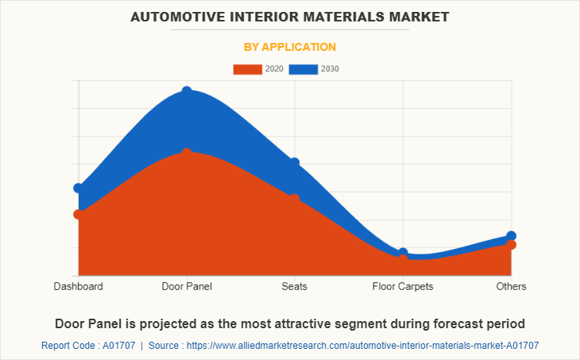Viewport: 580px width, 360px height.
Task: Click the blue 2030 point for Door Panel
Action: coord(187,92)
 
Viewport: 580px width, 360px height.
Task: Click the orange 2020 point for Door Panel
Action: coord(187,153)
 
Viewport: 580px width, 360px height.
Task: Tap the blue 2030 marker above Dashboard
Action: coord(78,188)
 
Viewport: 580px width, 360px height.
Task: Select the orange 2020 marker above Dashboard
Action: coord(78,214)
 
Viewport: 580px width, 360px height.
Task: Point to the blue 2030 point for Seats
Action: coord(295,163)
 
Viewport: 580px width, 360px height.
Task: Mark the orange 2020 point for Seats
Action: coord(295,199)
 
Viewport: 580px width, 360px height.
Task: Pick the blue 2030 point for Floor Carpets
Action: coord(403,253)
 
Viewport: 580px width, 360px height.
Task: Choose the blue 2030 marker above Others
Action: coord(511,236)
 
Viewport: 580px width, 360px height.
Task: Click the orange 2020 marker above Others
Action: coord(511,245)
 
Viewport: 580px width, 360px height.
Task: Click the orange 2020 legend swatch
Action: coord(247,69)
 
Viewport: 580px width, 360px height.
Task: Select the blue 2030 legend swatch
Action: coord(303,69)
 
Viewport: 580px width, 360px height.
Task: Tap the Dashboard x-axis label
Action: coord(78,286)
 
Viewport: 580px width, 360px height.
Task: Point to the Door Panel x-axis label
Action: coord(187,286)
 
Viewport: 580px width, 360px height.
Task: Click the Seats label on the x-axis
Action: coord(295,286)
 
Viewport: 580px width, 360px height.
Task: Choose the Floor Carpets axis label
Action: coord(403,286)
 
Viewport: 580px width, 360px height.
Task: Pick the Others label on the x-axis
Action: coord(511,286)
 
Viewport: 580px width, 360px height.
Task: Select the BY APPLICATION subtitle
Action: coord(289,47)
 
